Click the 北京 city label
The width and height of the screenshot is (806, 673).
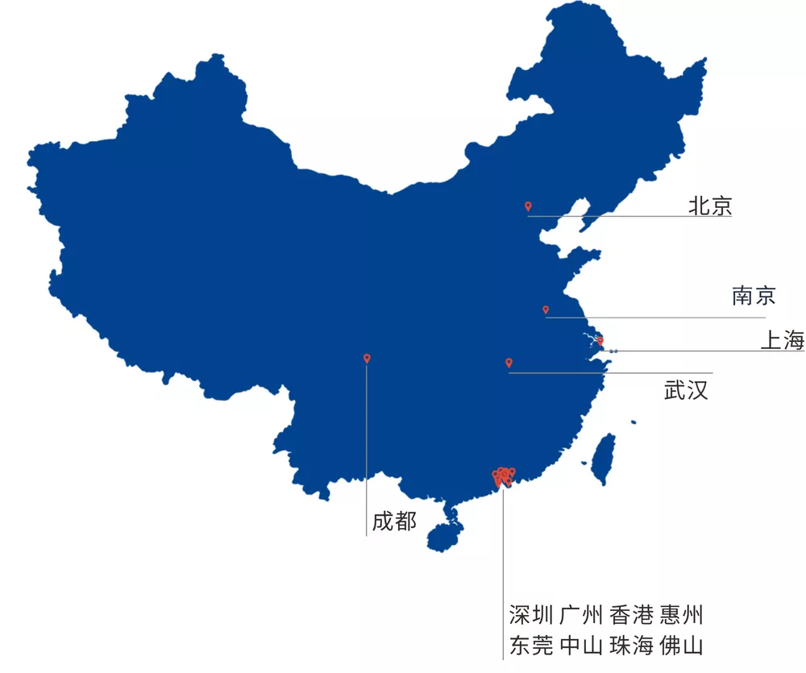[x=710, y=206]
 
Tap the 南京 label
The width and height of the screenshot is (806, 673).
[x=754, y=296]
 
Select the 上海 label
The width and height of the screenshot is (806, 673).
[x=782, y=341]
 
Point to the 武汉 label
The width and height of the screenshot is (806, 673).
[x=686, y=391]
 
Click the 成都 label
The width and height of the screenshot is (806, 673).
[x=394, y=521]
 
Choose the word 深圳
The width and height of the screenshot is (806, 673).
[x=531, y=616]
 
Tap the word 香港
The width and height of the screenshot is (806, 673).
[x=631, y=616]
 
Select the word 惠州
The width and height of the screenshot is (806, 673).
[x=681, y=616]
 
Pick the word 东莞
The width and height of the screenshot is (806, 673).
[x=531, y=646]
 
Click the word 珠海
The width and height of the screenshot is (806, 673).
[x=631, y=646]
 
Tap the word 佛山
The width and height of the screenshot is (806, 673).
[x=681, y=646]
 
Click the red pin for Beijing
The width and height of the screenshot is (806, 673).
[x=528, y=206]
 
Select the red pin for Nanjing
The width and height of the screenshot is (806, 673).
[x=546, y=309]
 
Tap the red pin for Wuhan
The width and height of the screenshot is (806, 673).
[x=509, y=363]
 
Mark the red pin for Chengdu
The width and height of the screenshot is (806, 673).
[x=367, y=358]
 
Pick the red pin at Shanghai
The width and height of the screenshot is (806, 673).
[x=600, y=341]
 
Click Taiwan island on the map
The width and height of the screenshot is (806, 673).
[x=603, y=459]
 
